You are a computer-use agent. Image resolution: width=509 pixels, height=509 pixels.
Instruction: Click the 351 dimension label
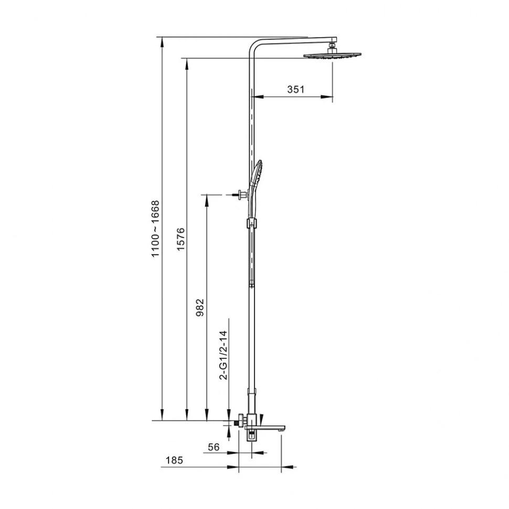pyautogui.click(x=296, y=89)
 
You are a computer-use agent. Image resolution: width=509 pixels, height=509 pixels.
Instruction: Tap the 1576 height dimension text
pyautogui.click(x=181, y=239)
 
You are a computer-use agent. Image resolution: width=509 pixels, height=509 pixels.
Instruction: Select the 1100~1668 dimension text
pyautogui.click(x=155, y=229)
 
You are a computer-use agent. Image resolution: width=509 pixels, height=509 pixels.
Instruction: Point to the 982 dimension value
pyautogui.click(x=200, y=307)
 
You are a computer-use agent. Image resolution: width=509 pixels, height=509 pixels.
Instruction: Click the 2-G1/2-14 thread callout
pyautogui.click(x=224, y=355)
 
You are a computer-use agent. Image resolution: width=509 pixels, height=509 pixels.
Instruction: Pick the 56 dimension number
pyautogui.click(x=214, y=447)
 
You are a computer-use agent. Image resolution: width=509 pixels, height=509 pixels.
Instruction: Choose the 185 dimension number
pyautogui.click(x=174, y=460)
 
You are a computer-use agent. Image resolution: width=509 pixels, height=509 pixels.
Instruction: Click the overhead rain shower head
pyautogui.click(x=332, y=56)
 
